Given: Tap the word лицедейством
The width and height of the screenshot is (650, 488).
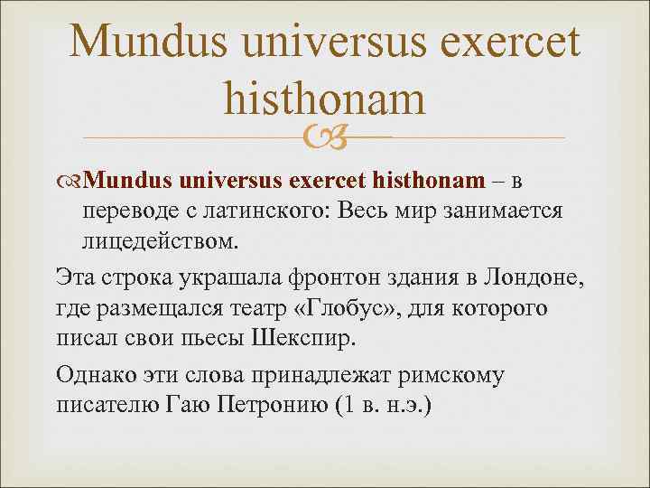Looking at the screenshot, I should (x=161, y=242).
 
